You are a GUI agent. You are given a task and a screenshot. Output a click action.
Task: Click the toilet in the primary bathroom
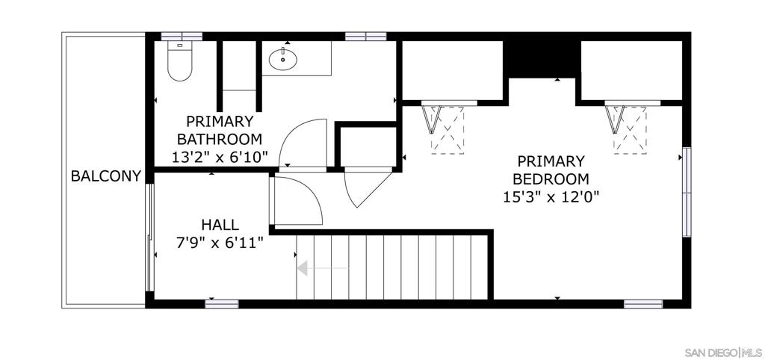(x=179, y=61)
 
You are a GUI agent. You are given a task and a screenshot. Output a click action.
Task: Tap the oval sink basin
(x=282, y=59)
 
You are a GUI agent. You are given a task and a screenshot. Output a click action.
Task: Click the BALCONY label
(x=106, y=176)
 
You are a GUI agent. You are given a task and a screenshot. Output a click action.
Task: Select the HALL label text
(x=220, y=225)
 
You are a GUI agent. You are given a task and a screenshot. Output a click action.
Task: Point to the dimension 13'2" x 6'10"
(x=220, y=157)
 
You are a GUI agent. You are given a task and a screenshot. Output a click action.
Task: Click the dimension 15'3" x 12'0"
(x=551, y=196)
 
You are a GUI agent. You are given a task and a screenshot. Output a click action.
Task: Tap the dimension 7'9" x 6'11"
(x=220, y=241)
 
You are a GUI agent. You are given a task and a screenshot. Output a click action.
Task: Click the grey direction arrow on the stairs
(x=323, y=268)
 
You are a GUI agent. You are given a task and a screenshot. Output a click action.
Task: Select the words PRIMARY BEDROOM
(x=551, y=170)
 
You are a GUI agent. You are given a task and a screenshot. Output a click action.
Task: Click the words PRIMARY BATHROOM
(x=220, y=130)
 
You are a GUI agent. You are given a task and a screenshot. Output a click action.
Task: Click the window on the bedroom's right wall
(x=687, y=192)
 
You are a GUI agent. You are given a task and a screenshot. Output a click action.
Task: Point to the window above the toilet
(x=182, y=36)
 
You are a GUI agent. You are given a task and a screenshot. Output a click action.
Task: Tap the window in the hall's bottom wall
(x=221, y=304)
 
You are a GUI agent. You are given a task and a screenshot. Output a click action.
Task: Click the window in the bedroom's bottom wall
(x=643, y=304)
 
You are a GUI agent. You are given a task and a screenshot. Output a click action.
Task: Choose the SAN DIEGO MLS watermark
(x=722, y=353)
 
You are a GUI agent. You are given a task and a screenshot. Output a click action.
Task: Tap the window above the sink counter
(x=366, y=36)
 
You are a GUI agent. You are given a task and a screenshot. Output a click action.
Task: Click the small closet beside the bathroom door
(x=368, y=147)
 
